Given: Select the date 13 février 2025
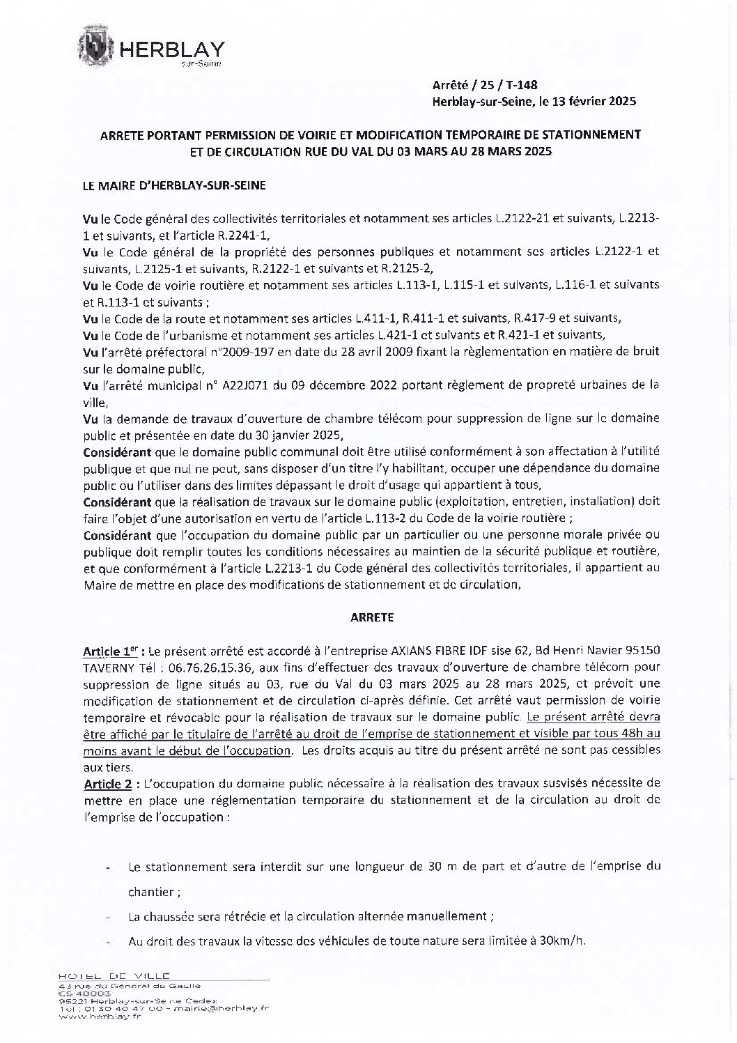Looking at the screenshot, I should [594, 102].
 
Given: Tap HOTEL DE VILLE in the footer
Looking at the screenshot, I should [115, 976].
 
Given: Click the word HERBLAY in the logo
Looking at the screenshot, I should [173, 49].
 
